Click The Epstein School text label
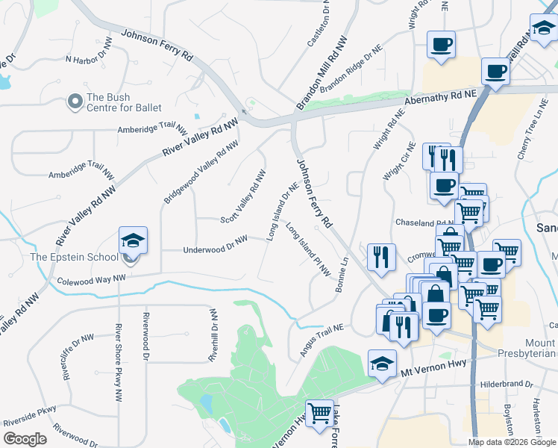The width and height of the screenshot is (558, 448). coord(74,258)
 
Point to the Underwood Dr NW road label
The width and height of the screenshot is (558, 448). coord(215,245)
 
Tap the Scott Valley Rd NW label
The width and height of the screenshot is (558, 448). coord(244,197)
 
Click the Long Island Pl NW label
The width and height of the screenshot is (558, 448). coord(307,251)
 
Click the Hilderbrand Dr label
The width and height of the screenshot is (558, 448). coord(507,385)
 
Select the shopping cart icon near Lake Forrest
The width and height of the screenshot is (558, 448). coord(320,411)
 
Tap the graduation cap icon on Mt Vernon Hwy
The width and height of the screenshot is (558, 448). coord(382,364)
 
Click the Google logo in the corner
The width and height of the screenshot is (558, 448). coord(25,439)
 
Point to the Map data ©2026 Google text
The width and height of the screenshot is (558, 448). coord(512,442)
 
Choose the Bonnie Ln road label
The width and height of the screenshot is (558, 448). coord(343,275)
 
